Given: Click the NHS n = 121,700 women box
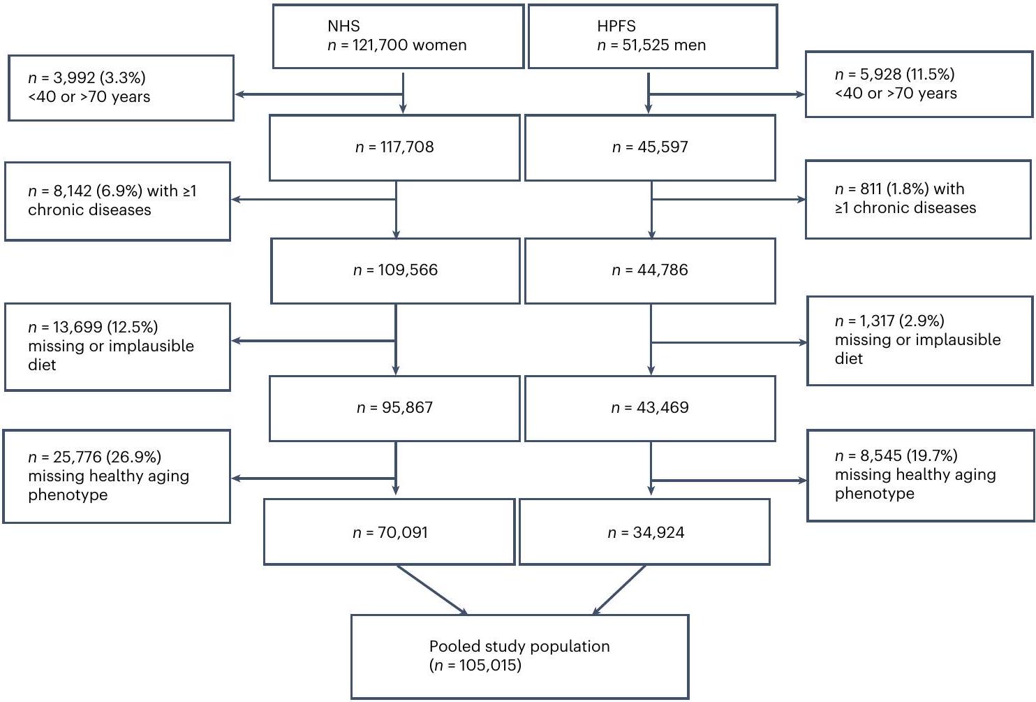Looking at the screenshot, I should click(398, 36).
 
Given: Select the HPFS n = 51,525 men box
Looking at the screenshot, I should click(652, 36).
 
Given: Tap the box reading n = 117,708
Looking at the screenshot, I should click(394, 147).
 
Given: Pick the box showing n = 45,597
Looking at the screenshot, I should click(650, 147).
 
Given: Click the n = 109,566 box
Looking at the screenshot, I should click(395, 270).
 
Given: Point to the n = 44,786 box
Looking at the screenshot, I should click(650, 270).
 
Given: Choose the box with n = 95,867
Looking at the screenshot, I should click(394, 408).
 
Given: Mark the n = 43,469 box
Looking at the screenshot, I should click(650, 408).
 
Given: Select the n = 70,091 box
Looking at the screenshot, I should click(390, 533).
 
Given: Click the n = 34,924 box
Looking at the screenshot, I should click(645, 533).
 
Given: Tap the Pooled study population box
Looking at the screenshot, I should click(519, 656).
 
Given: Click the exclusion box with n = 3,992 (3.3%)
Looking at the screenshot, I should click(121, 88).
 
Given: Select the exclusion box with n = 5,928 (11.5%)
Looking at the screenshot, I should click(919, 84).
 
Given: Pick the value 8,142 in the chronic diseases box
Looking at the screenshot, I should click(72, 191).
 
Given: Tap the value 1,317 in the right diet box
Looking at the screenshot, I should click(878, 321).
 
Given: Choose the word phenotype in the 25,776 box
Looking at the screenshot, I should click(68, 495).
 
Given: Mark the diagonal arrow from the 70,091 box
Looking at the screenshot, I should click(431, 590).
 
